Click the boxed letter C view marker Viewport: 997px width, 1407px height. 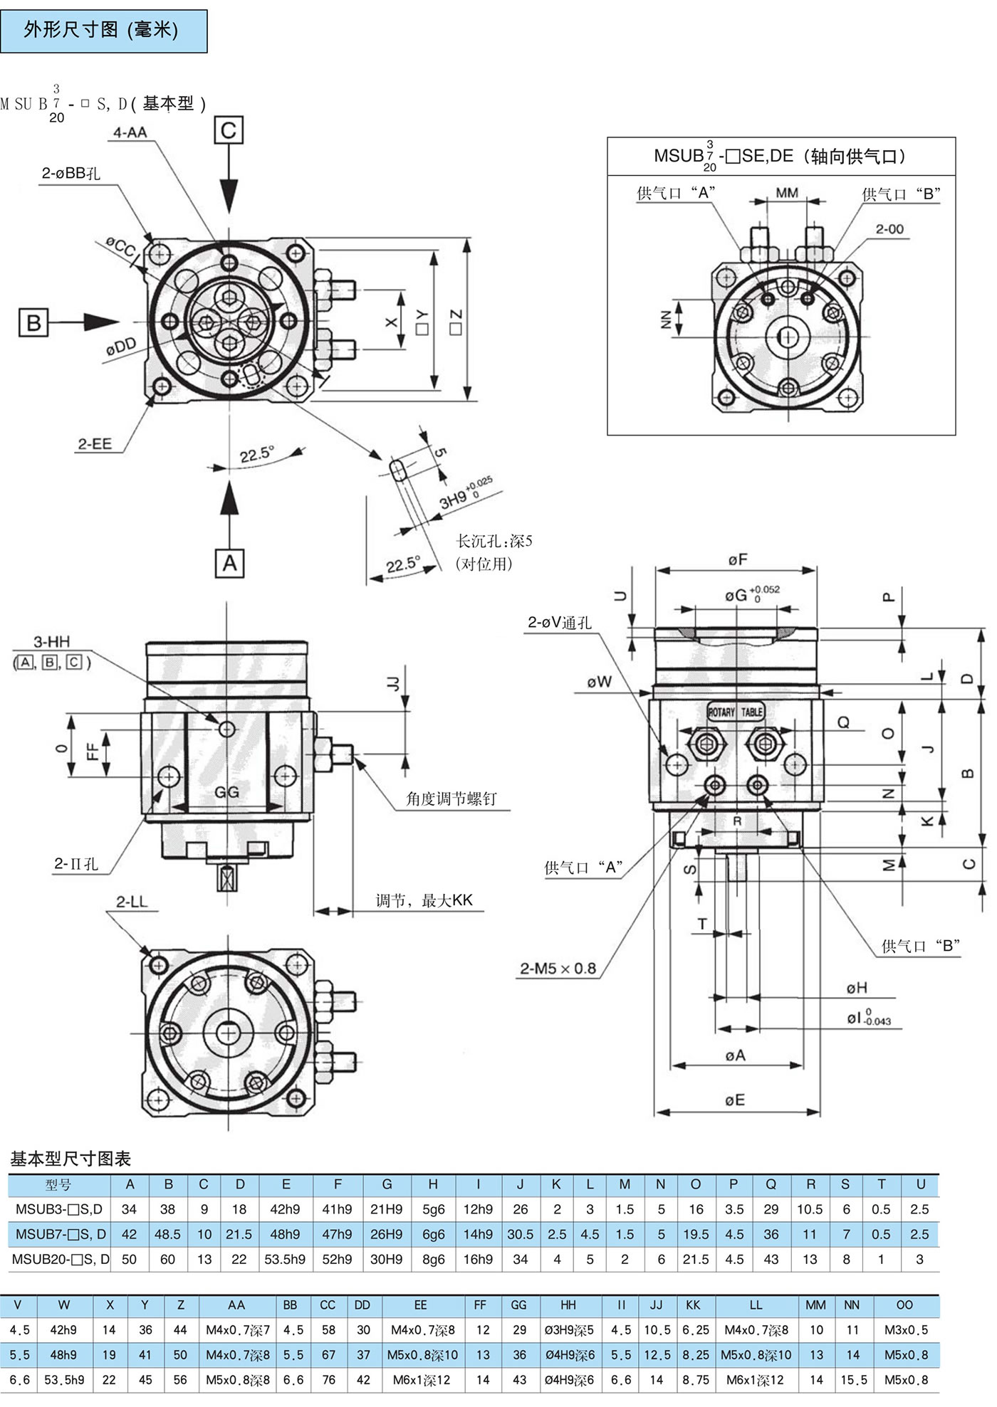229,130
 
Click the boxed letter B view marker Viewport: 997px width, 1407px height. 33,322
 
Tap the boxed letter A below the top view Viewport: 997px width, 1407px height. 229,563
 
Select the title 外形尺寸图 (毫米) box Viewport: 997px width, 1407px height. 104,31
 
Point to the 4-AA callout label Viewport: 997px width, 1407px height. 130,132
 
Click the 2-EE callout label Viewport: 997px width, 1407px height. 95,444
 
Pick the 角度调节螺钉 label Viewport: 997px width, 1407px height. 451,799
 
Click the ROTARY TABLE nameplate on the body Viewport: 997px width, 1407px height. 735,712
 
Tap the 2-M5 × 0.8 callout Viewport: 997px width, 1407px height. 558,969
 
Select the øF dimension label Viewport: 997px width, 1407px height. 738,560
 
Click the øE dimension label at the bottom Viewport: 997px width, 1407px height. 735,1100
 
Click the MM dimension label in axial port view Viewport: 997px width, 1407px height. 787,193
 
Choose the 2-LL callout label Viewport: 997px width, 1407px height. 132,902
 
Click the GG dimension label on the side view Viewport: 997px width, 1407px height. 226,792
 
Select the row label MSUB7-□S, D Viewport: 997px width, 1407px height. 61,1234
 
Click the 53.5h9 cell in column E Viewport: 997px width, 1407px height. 285,1259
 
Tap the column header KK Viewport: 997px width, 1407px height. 692,1305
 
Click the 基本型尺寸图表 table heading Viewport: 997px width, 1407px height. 71,1159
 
